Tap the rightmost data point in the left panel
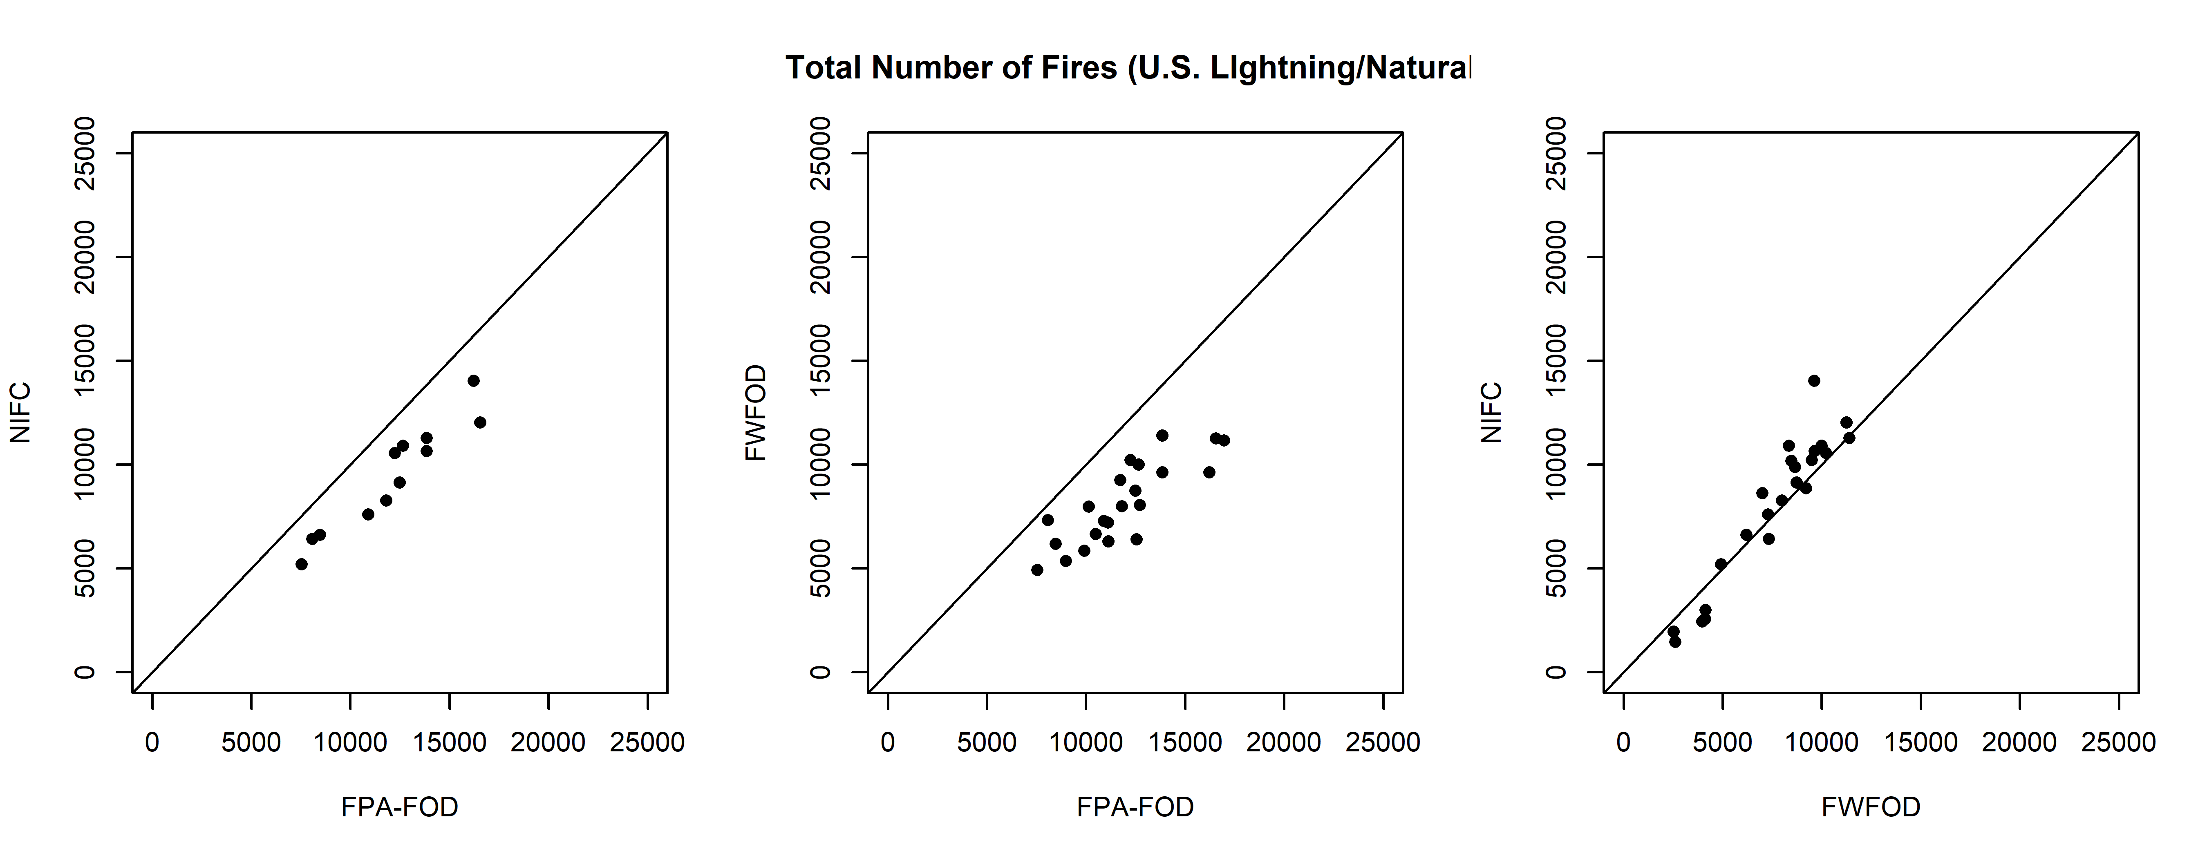point(480,422)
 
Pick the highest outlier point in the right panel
point(1814,380)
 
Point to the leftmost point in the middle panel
point(1036,570)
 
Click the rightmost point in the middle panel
point(1223,440)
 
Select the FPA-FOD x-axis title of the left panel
point(399,807)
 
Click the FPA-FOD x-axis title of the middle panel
point(1135,807)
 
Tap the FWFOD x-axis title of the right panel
point(1870,807)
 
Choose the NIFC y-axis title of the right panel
point(1492,413)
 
